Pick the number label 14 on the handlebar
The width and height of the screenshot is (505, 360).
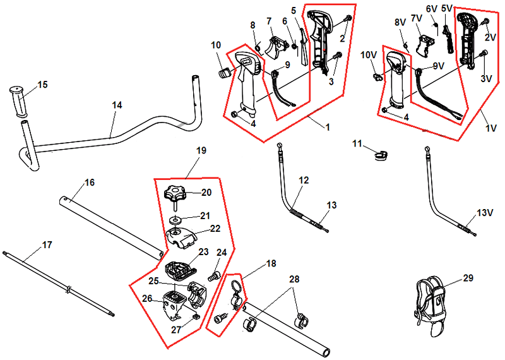(117, 106)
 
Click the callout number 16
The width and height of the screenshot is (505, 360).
(90, 183)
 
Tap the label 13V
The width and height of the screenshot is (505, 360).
(484, 213)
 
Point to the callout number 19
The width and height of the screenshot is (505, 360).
(201, 151)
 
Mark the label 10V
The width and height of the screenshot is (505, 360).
(368, 56)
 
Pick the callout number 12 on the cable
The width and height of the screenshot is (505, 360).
(304, 181)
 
